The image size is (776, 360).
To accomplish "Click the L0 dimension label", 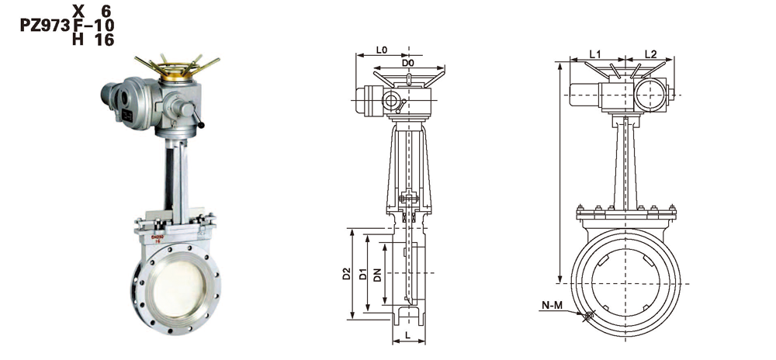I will (x=381, y=50).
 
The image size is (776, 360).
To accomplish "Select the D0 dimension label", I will (x=408, y=62).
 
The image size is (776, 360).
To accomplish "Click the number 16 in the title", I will (x=104, y=40).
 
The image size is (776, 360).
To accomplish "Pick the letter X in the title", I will (x=78, y=11).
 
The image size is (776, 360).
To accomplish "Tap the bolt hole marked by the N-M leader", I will (x=589, y=316).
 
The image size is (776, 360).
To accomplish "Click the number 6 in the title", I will (x=107, y=11).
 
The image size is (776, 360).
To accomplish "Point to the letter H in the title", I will (x=78, y=40).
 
